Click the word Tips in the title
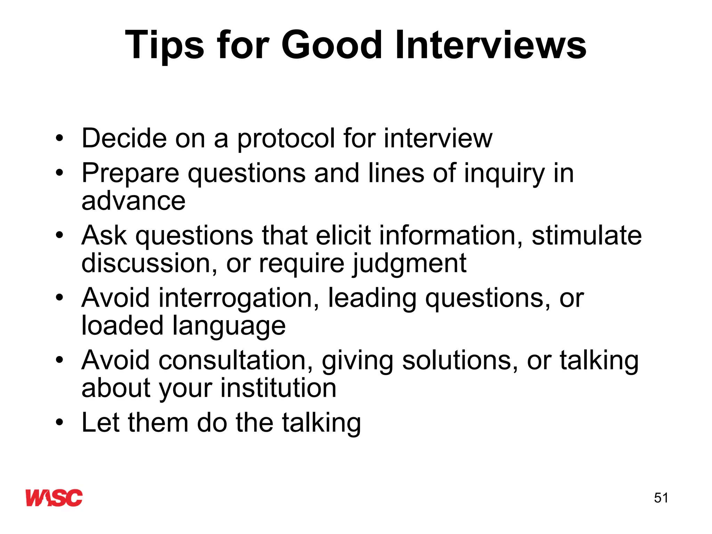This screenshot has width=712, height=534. (x=164, y=46)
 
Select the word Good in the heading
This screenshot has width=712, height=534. (x=332, y=45)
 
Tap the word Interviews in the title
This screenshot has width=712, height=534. (x=491, y=45)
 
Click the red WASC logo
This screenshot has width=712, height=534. (x=54, y=497)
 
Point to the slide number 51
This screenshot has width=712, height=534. (x=661, y=498)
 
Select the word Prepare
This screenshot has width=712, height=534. (x=130, y=173)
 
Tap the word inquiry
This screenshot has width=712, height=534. (x=504, y=173)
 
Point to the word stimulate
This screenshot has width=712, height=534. (x=586, y=235)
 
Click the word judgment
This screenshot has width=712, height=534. (x=409, y=264)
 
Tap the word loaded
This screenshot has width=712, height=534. (x=122, y=325)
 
